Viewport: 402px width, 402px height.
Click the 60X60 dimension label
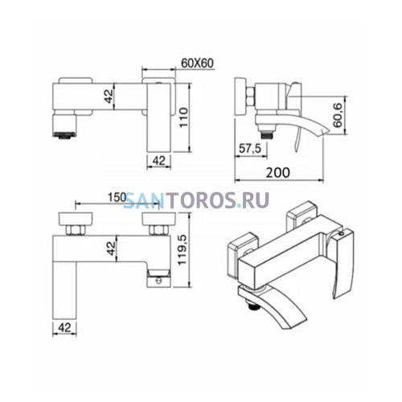click(198, 64)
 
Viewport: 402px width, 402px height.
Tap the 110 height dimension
click(183, 118)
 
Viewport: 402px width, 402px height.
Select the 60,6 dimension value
click(338, 116)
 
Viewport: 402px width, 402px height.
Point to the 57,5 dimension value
click(250, 148)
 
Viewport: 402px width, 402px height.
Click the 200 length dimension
click(278, 173)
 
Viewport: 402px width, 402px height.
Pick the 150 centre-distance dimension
click(117, 198)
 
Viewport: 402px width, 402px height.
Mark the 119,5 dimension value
click(183, 250)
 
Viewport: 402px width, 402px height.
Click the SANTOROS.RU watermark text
click(196, 200)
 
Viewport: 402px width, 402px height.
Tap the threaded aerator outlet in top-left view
click(64, 134)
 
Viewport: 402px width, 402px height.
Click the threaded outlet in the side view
click(267, 133)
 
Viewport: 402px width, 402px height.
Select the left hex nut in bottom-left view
click(76, 230)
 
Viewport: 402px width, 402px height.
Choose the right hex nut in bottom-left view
click(158, 230)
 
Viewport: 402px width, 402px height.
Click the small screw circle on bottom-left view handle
click(158, 281)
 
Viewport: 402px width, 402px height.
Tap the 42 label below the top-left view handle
click(158, 161)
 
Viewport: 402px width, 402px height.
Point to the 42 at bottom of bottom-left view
click(64, 327)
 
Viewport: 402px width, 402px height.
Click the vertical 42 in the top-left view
click(109, 96)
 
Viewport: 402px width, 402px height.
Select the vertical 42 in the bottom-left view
click(111, 248)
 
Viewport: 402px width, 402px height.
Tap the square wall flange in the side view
click(240, 96)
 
